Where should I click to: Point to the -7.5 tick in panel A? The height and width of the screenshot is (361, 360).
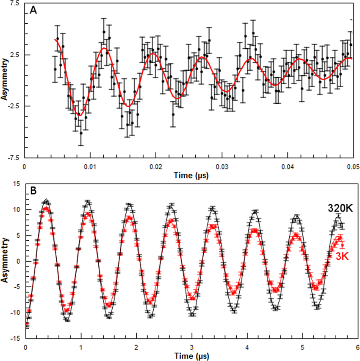tap(17, 157)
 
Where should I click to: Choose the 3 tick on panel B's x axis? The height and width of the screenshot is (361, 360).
tap(192, 346)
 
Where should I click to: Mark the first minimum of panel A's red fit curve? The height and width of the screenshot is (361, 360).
tap(79, 115)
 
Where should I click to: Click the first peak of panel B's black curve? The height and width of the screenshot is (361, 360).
tap(46, 200)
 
